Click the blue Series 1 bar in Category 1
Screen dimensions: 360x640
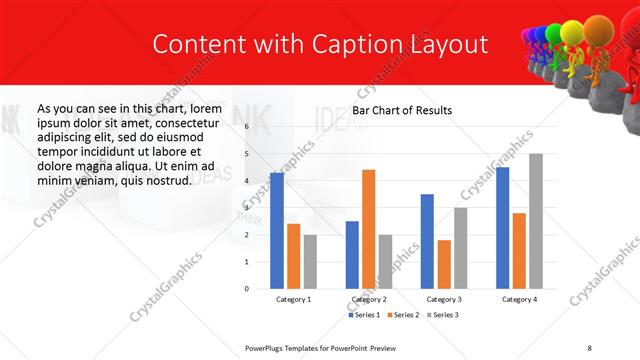click(x=277, y=230)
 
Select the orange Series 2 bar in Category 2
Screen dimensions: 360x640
click(x=369, y=229)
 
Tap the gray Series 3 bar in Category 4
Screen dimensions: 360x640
click(x=536, y=221)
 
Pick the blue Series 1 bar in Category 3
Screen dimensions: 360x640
click(x=427, y=241)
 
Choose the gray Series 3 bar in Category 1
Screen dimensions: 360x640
click(x=310, y=262)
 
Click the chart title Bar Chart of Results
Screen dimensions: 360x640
click(x=401, y=110)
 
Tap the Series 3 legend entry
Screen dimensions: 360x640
click(x=444, y=315)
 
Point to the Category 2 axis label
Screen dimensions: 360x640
click(x=369, y=299)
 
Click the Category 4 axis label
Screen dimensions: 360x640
click(x=519, y=299)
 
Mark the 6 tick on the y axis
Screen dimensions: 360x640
click(x=247, y=127)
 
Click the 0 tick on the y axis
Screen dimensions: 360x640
click(x=247, y=288)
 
